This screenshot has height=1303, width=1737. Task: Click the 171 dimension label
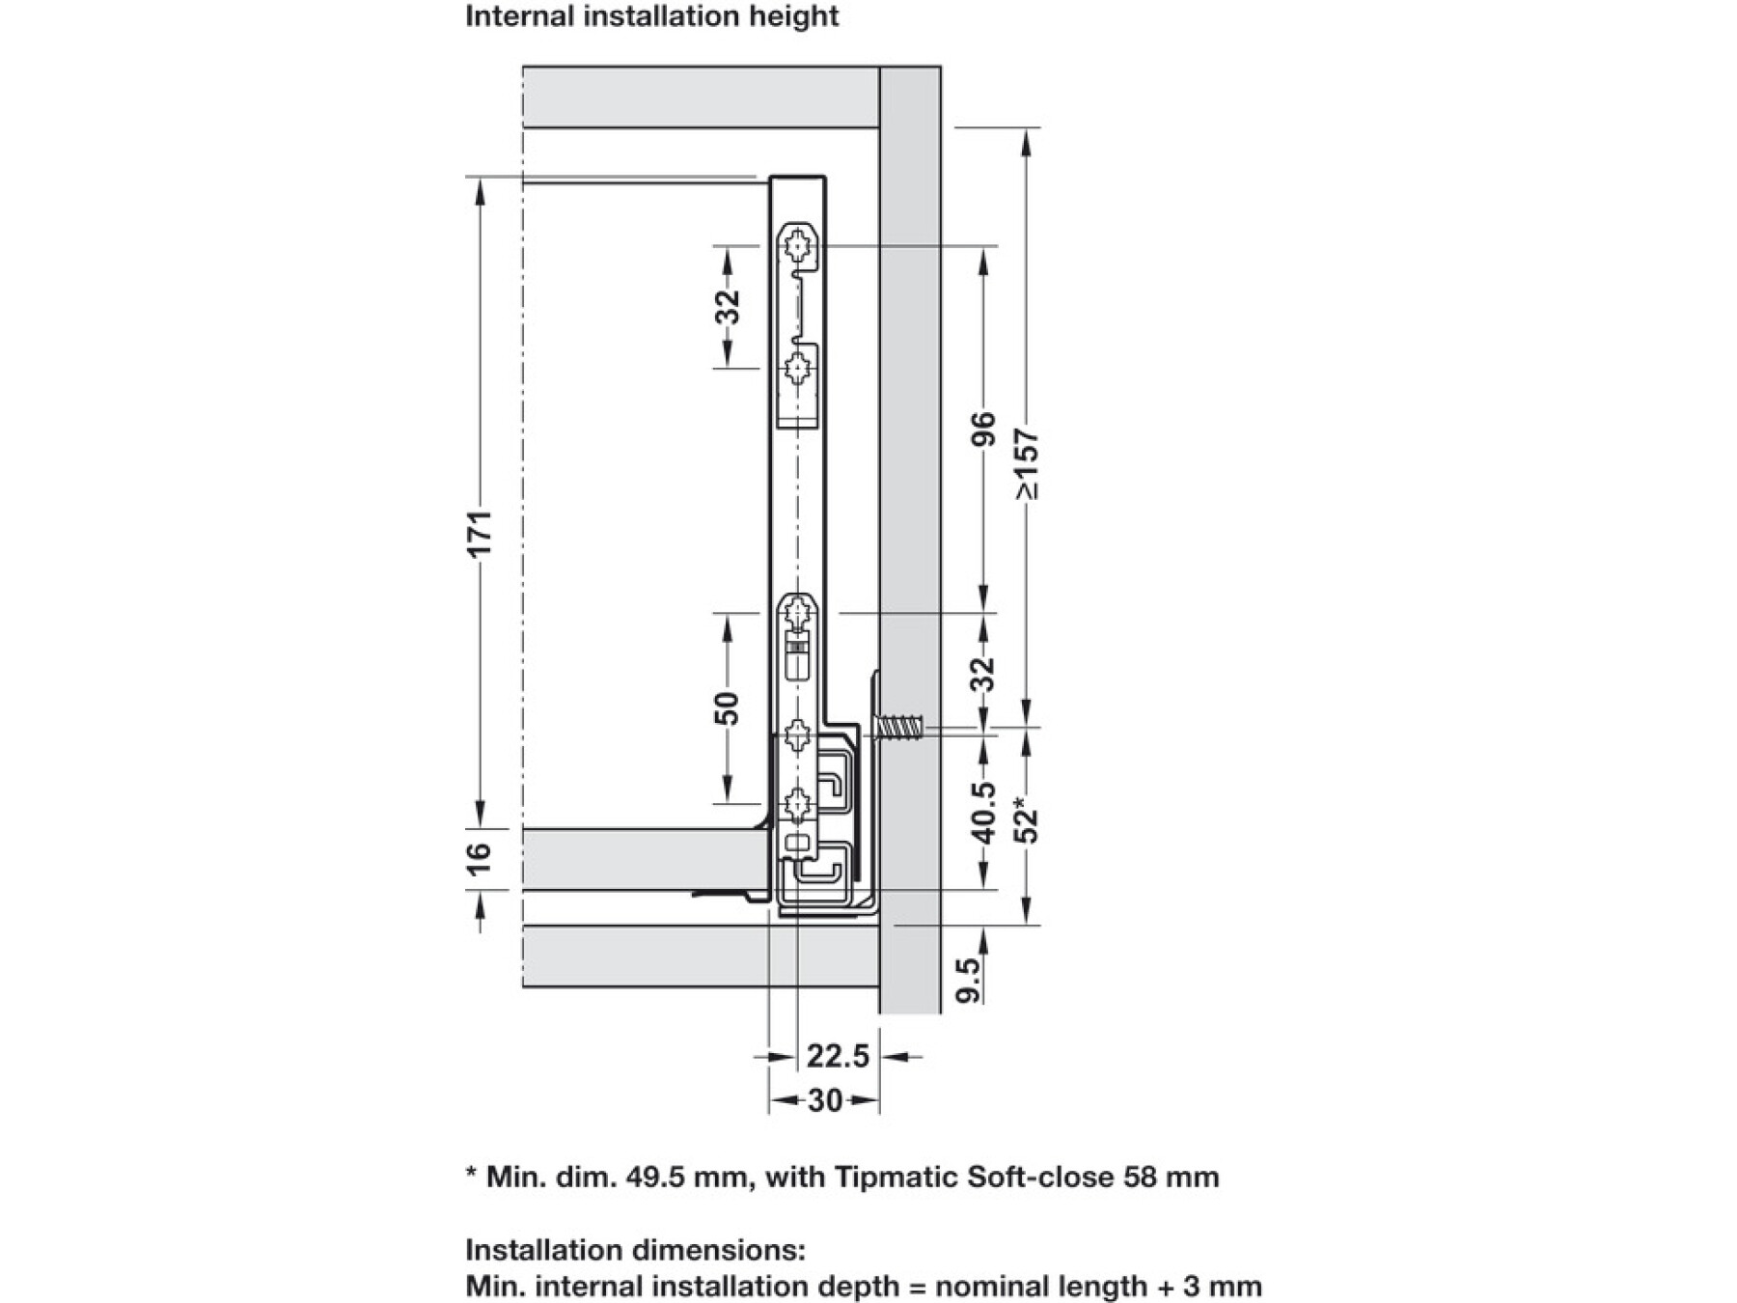point(481,532)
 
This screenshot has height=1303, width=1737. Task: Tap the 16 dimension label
point(480,857)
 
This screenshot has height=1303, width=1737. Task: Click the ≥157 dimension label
point(1028,463)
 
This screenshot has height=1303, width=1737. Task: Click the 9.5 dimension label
point(970,981)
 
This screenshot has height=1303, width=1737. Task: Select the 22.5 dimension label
point(838,1056)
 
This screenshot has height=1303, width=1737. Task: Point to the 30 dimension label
point(824,1100)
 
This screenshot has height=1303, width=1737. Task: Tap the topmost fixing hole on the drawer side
point(798,247)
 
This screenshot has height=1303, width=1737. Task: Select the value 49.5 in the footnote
point(657,1178)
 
